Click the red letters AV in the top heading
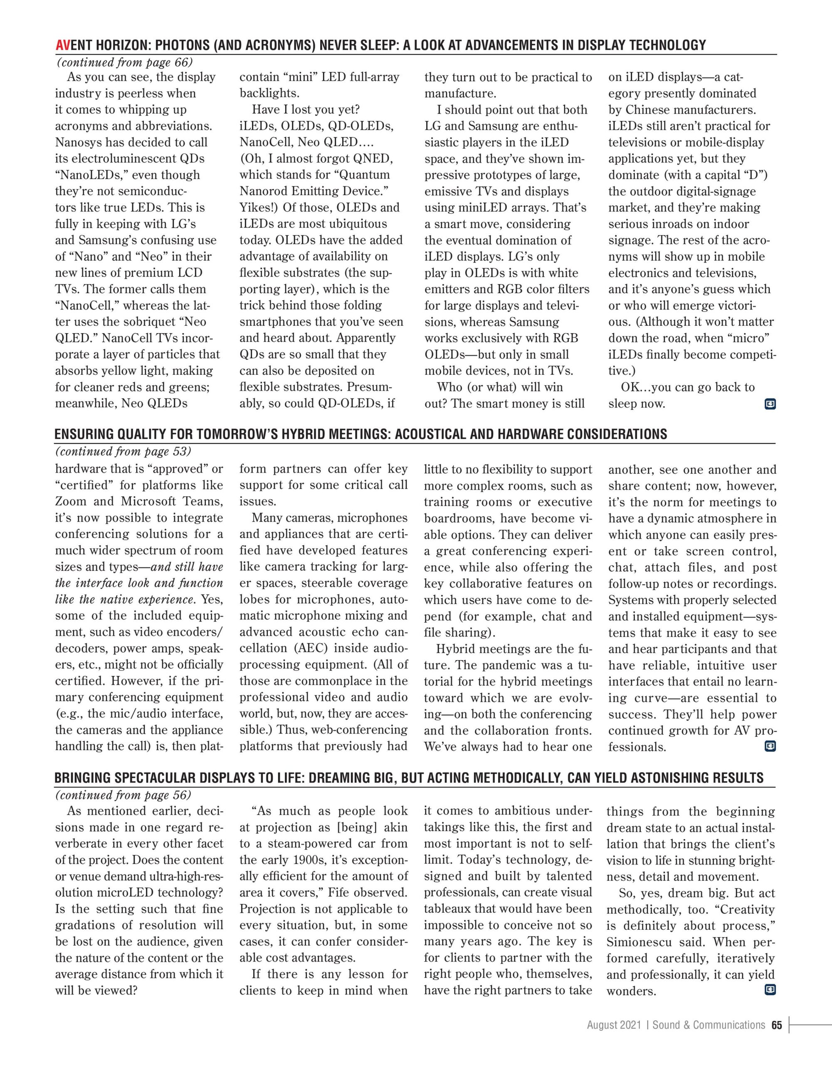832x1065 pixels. [x=62, y=45]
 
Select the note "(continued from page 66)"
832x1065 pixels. [x=124, y=62]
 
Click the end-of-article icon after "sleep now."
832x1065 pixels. [x=770, y=404]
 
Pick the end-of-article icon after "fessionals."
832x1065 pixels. [x=770, y=747]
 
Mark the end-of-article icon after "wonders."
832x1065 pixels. [x=770, y=989]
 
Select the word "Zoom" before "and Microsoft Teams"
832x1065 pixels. [x=71, y=502]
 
